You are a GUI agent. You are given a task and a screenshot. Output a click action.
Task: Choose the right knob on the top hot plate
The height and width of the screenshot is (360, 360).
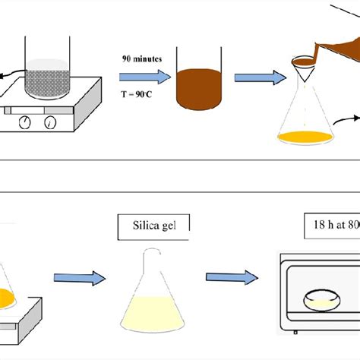pyautogui.click(x=49, y=121)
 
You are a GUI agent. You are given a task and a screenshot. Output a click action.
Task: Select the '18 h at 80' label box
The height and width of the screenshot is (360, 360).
pyautogui.click(x=327, y=227)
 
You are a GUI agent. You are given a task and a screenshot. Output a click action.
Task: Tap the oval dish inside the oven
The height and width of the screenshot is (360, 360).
pyautogui.click(x=321, y=302)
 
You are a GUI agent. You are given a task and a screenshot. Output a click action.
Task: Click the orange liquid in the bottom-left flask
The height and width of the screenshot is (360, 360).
pyautogui.click(x=7, y=295)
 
